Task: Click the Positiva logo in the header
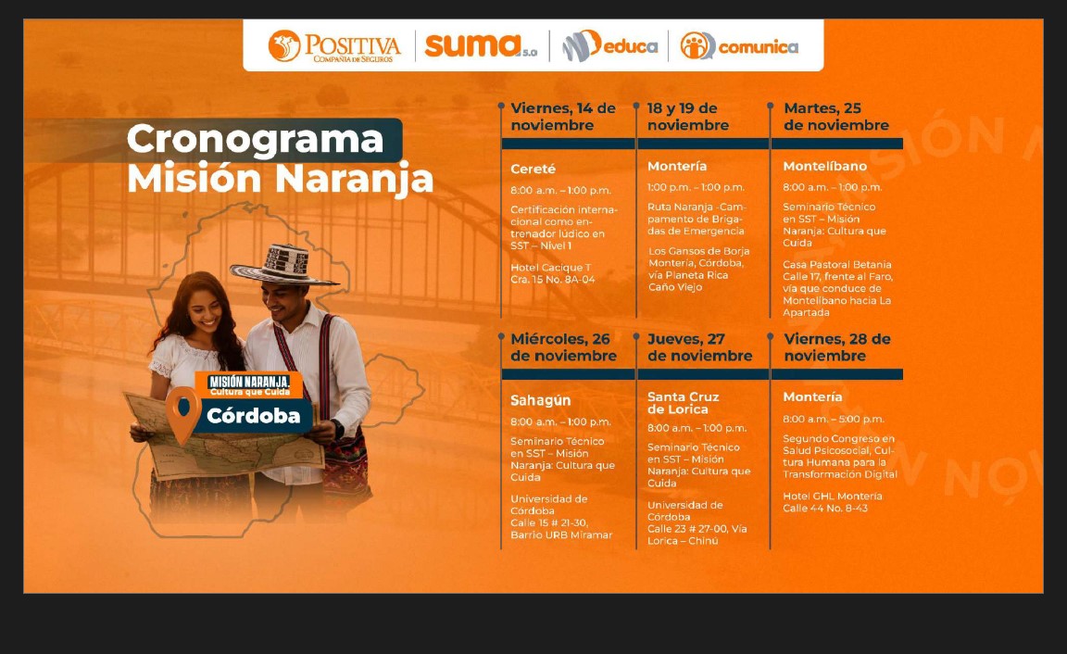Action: coord(334,45)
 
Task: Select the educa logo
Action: coord(610,45)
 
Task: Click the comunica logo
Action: coord(739,45)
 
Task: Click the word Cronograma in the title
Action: coord(255,139)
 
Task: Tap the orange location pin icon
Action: coord(182,413)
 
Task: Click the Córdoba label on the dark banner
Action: coord(253,416)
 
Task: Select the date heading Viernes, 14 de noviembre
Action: coord(563,117)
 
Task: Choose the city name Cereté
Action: coord(533,169)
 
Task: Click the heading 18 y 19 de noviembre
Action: coord(687,117)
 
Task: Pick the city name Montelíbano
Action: coord(824,167)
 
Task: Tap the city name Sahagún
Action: coord(540,400)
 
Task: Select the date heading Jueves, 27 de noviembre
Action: coord(699,347)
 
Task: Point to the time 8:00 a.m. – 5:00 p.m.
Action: coord(833,419)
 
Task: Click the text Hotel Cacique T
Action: coord(550,267)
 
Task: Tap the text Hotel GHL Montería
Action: coord(832,496)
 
